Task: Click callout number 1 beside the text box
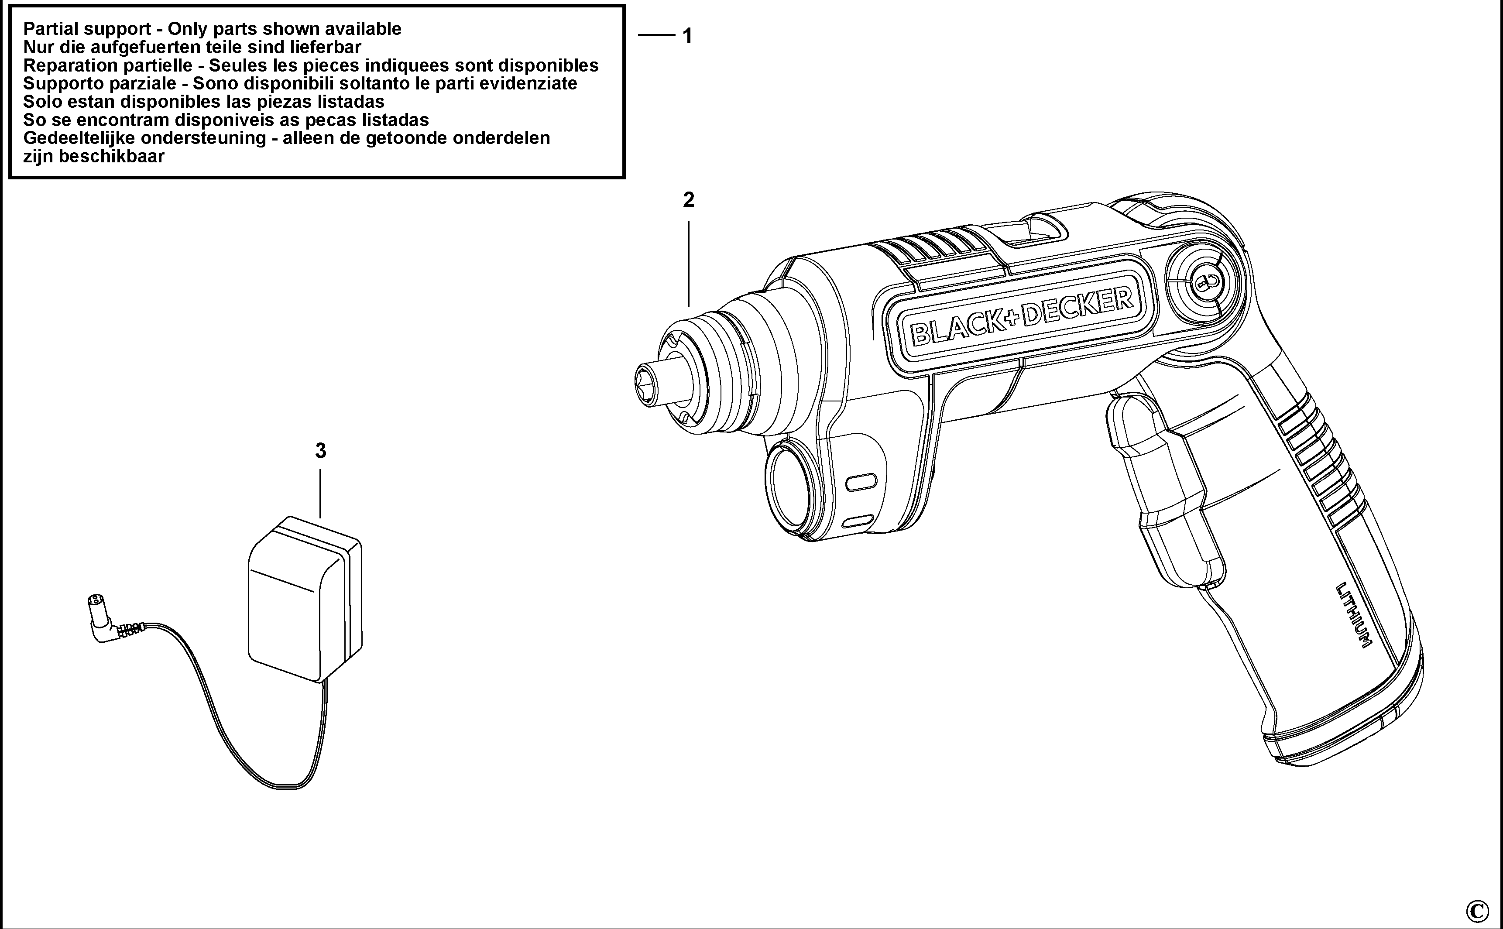coord(688,36)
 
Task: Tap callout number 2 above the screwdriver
coord(688,200)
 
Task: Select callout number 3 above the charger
coord(320,451)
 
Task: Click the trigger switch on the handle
coord(1163,488)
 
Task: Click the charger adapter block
coord(305,599)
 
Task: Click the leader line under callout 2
coord(688,264)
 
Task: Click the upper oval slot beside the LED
coord(861,482)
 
